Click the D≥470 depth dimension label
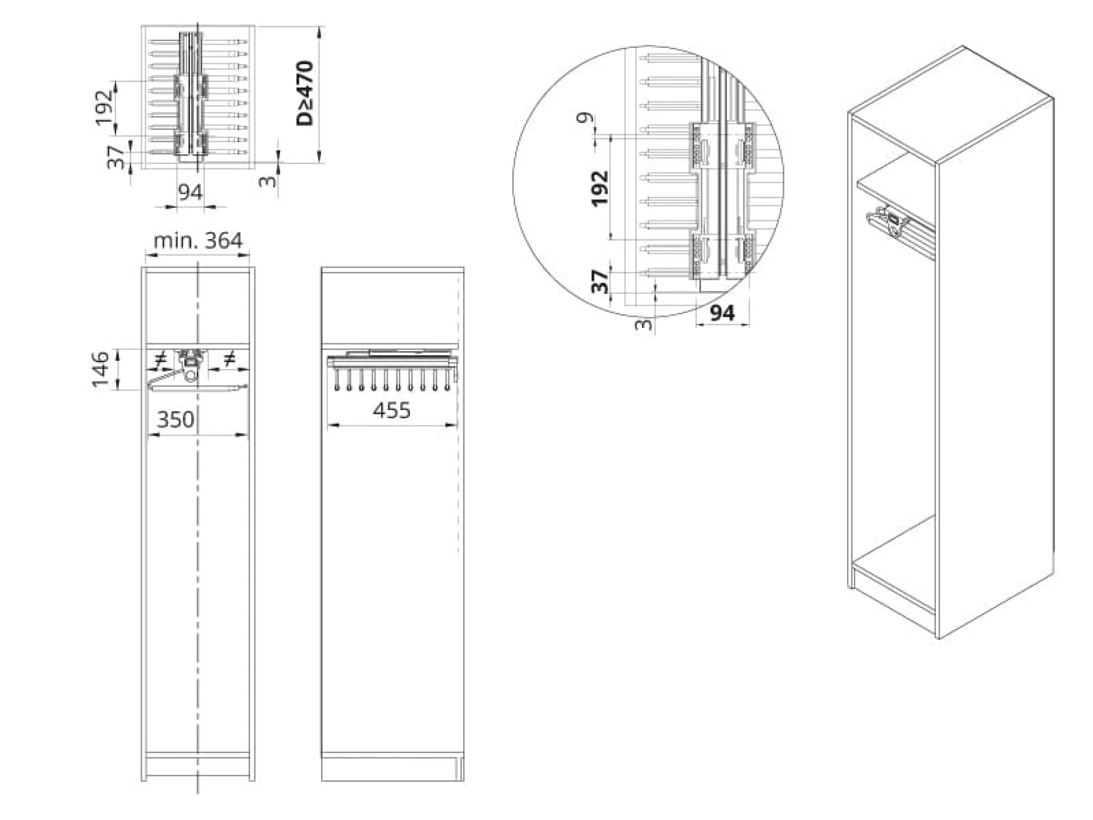point(305,93)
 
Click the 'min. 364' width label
point(198,240)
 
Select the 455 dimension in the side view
point(392,410)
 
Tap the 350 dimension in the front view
point(175,420)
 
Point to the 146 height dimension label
point(101,369)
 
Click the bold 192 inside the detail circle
point(600,188)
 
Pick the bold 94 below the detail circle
point(722,313)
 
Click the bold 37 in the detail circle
point(600,281)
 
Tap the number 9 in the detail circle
point(585,118)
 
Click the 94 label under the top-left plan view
point(190,192)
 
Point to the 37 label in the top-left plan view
point(116,157)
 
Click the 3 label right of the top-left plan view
point(268,181)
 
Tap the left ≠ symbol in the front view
point(161,360)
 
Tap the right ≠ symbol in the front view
point(229,359)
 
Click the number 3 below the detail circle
point(644,325)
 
